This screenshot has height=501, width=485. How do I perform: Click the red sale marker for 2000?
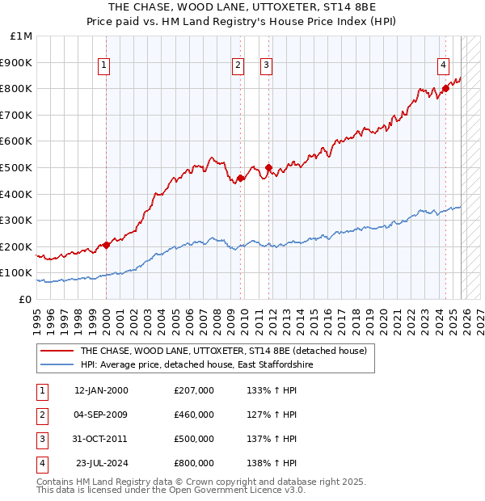tap(106, 245)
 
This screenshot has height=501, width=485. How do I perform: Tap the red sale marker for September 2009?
tap(240, 178)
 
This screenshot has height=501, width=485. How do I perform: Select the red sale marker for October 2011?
tap(268, 167)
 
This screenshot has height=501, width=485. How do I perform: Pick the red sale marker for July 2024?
tap(445, 89)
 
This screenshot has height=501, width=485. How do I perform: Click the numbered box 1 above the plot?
tap(105, 66)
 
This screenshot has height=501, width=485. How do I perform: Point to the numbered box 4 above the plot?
tap(444, 66)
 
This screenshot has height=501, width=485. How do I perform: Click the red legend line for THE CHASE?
tap(57, 351)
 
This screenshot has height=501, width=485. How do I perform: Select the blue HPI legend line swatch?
tap(57, 365)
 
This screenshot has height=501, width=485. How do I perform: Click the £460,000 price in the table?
tap(194, 415)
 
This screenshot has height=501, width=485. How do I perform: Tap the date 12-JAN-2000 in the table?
tap(101, 390)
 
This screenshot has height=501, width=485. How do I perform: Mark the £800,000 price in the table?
tap(194, 463)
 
